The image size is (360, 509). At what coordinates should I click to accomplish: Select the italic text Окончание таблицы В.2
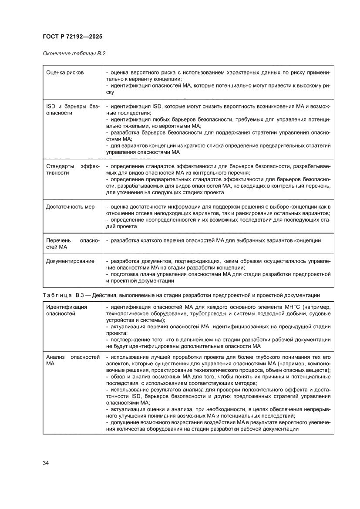pyautogui.click(x=74, y=54)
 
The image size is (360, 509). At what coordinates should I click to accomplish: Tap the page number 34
pyautogui.click(x=46, y=462)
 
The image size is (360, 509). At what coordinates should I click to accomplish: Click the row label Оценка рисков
pyautogui.click(x=65, y=72)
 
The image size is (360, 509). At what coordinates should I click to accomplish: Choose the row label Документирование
pyautogui.click(x=70, y=261)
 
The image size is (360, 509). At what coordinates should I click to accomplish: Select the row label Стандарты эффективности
pyautogui.click(x=73, y=169)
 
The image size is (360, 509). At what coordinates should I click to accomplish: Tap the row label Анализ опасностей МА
pyautogui.click(x=73, y=360)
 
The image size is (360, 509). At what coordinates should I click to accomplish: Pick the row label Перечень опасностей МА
pyautogui.click(x=73, y=244)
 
